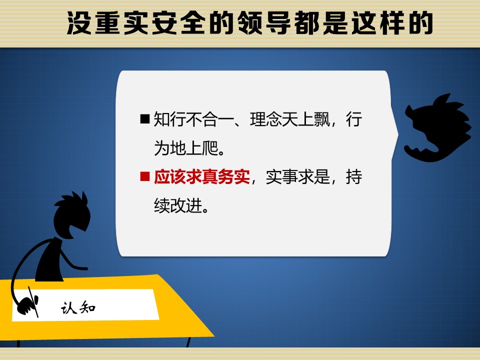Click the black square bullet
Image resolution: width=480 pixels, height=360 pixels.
pyautogui.click(x=144, y=119)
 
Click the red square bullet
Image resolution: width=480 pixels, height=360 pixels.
pyautogui.click(x=144, y=176)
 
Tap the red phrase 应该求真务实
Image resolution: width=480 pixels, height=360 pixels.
pyautogui.click(x=201, y=177)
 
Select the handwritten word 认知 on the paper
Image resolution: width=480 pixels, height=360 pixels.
pyautogui.click(x=78, y=307)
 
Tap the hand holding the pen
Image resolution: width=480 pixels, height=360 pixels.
pyautogui.click(x=27, y=305)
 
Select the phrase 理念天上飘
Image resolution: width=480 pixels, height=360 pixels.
pyautogui.click(x=290, y=119)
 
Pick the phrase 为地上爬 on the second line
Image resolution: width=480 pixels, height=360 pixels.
pyautogui.click(x=186, y=148)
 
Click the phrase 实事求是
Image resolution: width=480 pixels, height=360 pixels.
pyautogui.click(x=298, y=177)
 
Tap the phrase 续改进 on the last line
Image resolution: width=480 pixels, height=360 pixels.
pyautogui.click(x=178, y=205)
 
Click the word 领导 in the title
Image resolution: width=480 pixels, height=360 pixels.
pyautogui.click(x=264, y=23)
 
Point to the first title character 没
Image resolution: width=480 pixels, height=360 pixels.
pyautogui.click(x=79, y=23)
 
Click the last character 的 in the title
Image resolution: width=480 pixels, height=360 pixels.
pyautogui.click(x=421, y=23)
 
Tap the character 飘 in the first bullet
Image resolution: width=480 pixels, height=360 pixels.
pyautogui.click(x=322, y=119)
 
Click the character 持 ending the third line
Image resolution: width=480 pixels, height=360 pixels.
pyautogui.click(x=354, y=177)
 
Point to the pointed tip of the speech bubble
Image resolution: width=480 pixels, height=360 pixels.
pyautogui.click(x=397, y=134)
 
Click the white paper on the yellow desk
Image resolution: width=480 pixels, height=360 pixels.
pyautogui.click(x=85, y=305)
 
